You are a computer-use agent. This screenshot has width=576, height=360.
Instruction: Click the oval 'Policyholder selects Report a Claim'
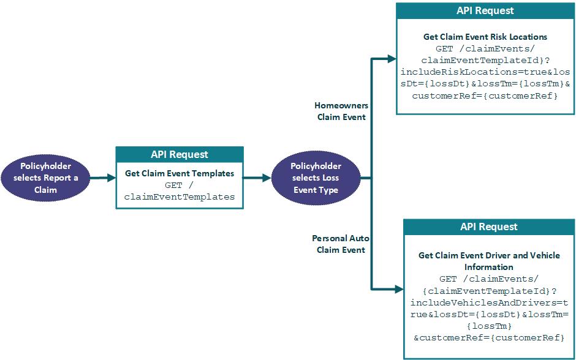tap(45, 178)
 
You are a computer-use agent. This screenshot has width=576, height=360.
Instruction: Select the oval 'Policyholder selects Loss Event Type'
tap(315, 178)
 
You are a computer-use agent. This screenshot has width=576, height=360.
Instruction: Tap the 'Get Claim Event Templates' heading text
tap(180, 173)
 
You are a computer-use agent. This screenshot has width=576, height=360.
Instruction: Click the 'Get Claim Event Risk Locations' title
tap(485, 37)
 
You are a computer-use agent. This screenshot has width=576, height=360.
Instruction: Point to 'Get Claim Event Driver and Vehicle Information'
tap(488, 261)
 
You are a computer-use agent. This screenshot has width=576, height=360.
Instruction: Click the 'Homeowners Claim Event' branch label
tap(341, 111)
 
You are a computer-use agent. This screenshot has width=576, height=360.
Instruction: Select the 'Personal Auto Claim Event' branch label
tap(341, 244)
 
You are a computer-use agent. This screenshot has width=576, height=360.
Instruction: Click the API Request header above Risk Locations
tap(485, 11)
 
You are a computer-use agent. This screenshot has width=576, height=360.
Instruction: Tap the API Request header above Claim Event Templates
tap(180, 154)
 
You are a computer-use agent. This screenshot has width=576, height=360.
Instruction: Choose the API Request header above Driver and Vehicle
tap(488, 227)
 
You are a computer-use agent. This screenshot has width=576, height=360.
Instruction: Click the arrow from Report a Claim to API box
tap(102, 178)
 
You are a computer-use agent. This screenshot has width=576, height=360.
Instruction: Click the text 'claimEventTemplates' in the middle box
tap(180, 197)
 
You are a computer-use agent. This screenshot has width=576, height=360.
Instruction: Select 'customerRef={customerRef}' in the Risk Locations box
tap(485, 96)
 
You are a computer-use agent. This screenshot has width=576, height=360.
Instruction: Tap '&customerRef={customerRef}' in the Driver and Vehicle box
tap(488, 337)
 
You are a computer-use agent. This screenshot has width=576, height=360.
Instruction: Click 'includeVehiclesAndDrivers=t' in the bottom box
tap(488, 302)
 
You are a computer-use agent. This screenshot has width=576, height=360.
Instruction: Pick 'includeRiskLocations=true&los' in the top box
tap(485, 72)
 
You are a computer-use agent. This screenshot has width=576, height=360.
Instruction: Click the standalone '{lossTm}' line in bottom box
tap(488, 326)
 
